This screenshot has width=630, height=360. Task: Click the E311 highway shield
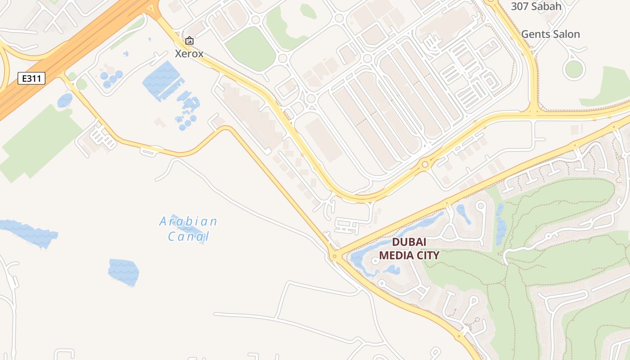tap(31, 78)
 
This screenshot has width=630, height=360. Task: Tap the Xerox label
tap(189, 54)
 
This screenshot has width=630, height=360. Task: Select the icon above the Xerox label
tap(189, 41)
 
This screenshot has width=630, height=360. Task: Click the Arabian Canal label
tap(189, 229)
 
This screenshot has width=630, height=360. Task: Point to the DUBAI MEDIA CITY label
tap(409, 249)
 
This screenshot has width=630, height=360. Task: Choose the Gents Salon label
tap(550, 34)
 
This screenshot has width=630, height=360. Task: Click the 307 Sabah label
tap(536, 6)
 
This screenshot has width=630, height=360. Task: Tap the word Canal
tap(189, 236)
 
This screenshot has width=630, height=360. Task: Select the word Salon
tap(566, 34)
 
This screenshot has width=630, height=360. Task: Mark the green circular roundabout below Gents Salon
tap(574, 69)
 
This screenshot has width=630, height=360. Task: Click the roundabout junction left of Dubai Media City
tap(334, 256)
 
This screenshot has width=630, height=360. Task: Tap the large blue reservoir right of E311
tap(162, 81)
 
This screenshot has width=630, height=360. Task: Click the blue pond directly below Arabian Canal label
tap(124, 272)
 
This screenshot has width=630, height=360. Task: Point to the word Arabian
tap(189, 221)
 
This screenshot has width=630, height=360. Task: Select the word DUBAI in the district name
tap(409, 242)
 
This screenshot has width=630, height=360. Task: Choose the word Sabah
tap(546, 6)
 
